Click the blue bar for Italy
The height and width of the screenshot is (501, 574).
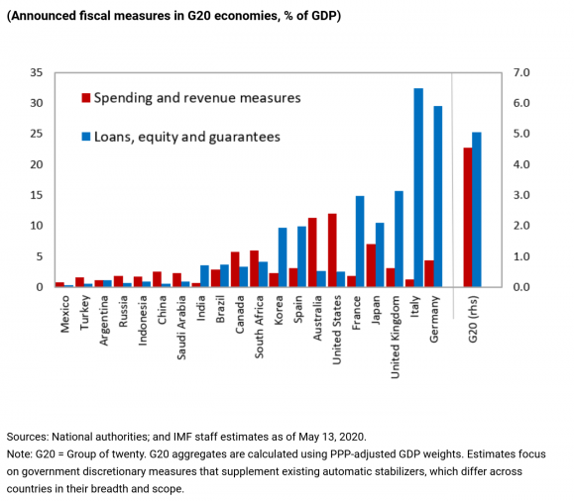click(418, 188)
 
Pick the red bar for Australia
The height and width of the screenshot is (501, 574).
click(312, 252)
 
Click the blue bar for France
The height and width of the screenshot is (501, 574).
click(360, 242)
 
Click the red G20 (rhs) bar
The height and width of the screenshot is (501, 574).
click(467, 218)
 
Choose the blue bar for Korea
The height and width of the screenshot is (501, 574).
click(283, 257)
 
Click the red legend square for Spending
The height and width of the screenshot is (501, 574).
click(86, 98)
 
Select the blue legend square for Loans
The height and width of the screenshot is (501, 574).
click(86, 137)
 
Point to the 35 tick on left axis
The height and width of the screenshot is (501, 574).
click(38, 72)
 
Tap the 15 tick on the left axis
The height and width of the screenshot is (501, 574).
click(38, 195)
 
